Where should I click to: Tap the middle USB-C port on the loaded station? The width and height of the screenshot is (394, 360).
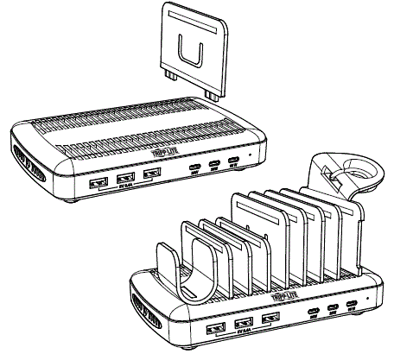[x=331, y=308]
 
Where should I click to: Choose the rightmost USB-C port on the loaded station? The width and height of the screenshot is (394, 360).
[x=350, y=306]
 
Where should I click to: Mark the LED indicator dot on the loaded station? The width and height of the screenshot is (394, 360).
[x=369, y=302]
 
